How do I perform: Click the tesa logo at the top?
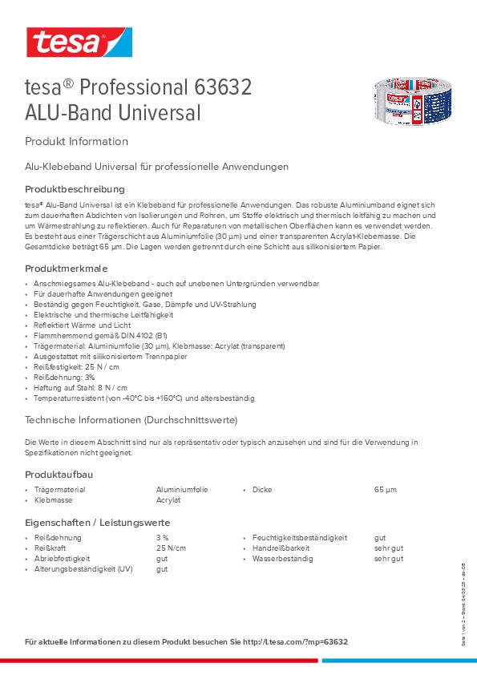(x=78, y=42)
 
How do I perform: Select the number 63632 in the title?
(x=223, y=87)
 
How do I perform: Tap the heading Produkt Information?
(x=77, y=142)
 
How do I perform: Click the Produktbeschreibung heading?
(x=75, y=189)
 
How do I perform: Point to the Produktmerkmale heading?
(x=67, y=269)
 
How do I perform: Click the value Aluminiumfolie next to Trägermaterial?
(x=182, y=489)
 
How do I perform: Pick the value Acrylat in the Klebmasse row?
(x=168, y=499)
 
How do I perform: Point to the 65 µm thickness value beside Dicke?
(x=386, y=489)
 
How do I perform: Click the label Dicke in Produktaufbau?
(x=261, y=489)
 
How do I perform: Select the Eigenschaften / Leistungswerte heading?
(x=97, y=523)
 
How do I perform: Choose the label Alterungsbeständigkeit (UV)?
(x=84, y=568)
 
